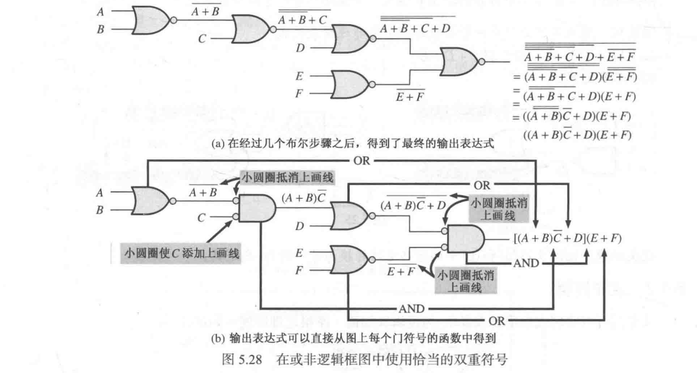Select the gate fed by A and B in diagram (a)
[150, 20]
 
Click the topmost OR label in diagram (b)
[362, 160]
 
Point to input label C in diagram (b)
[202, 218]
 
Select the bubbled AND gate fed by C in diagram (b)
[255, 209]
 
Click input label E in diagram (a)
[299, 75]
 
